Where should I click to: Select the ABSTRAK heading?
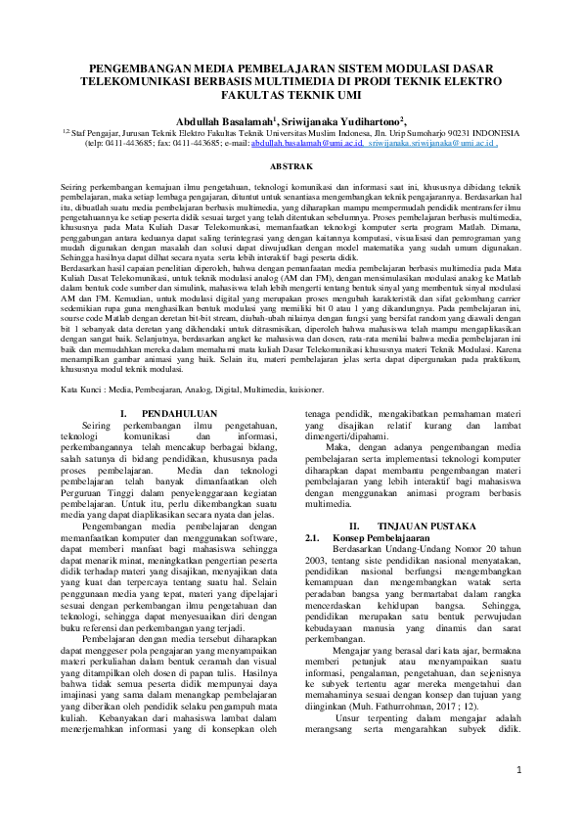point(291,166)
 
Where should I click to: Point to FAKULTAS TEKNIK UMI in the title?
point(291,98)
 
